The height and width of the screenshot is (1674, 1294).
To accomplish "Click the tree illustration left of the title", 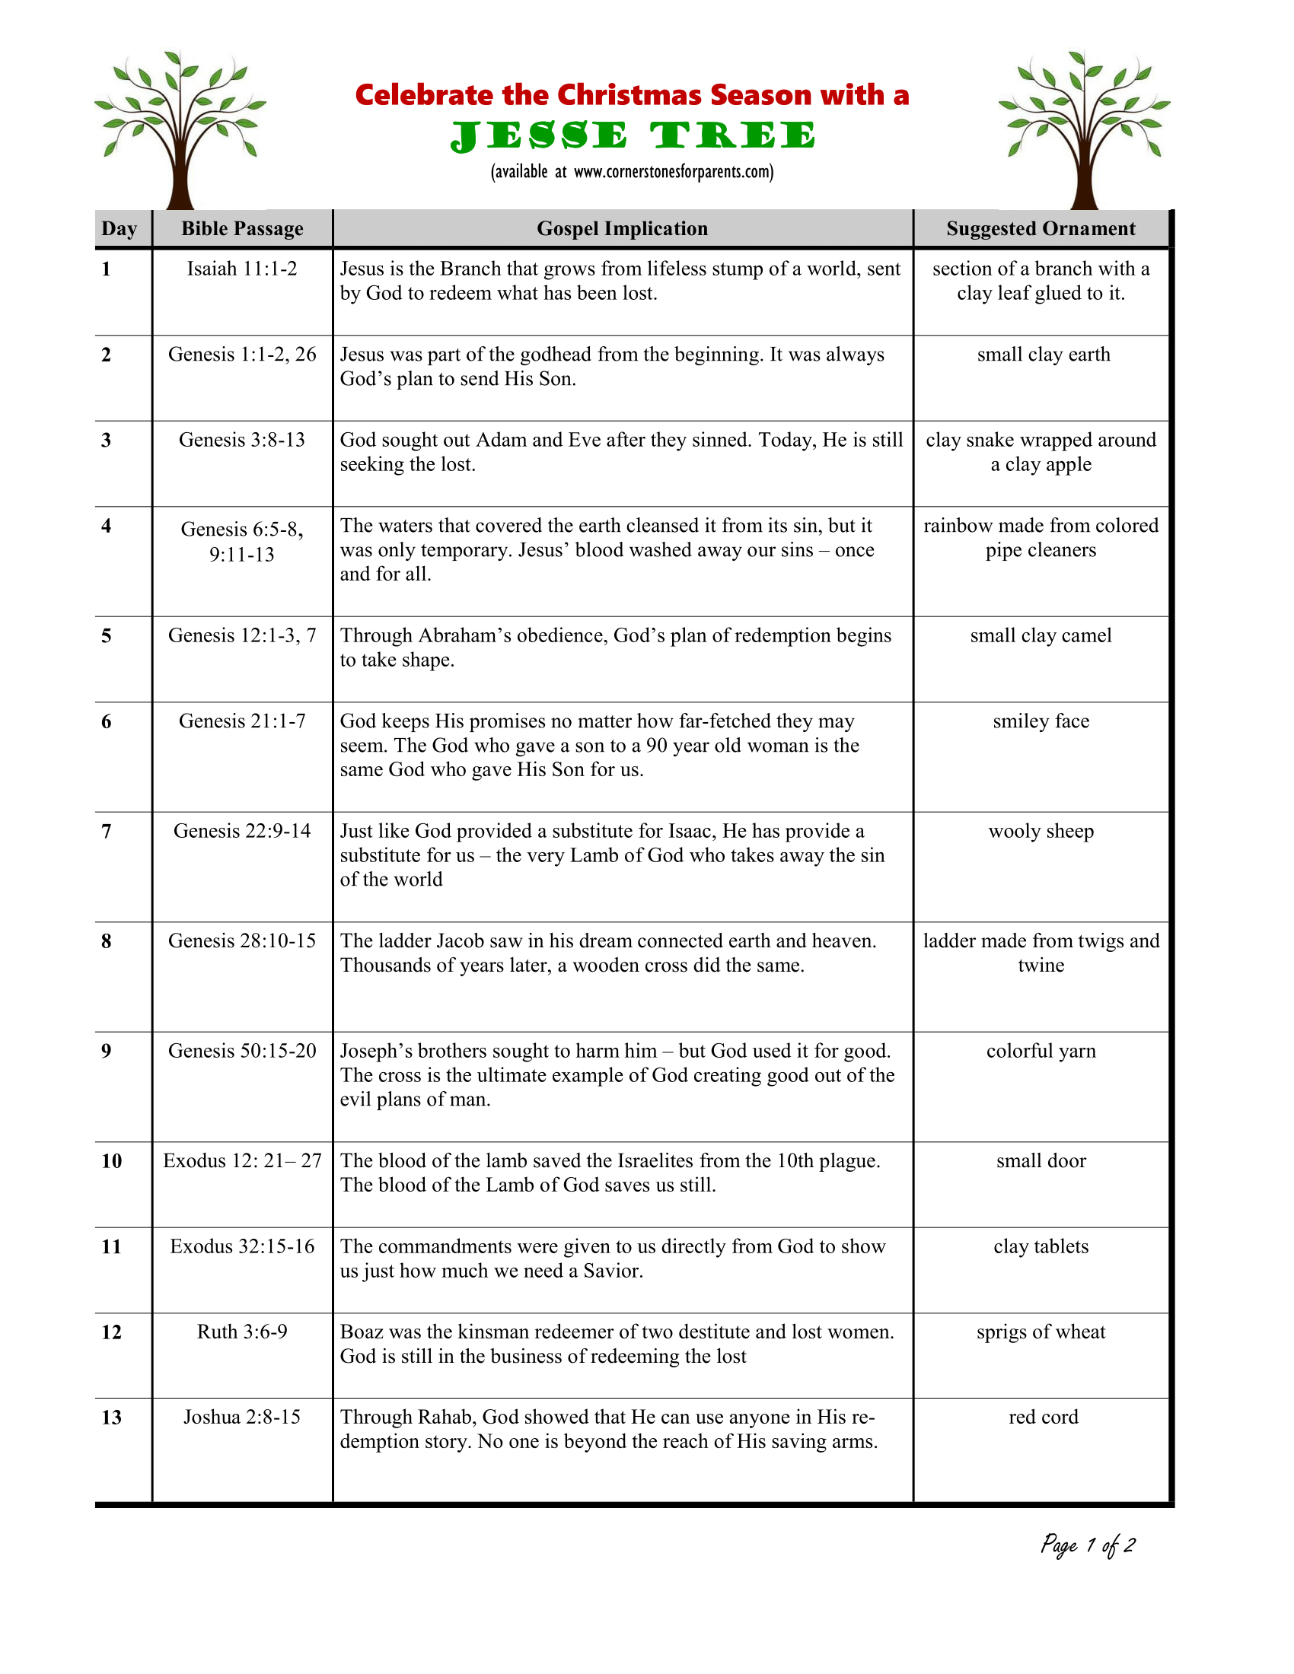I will pyautogui.click(x=180, y=129).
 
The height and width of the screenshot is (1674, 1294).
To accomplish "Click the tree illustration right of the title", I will pyautogui.click(x=1084, y=129).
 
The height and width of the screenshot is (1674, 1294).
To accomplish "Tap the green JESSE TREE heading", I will pyautogui.click(x=633, y=136).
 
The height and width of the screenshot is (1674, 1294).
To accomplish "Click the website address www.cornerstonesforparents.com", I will pyautogui.click(x=673, y=172).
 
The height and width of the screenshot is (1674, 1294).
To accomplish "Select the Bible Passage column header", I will pyautogui.click(x=242, y=228).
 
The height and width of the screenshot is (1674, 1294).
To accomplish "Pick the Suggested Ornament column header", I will pyautogui.click(x=1041, y=228).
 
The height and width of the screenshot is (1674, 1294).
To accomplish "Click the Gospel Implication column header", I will pyautogui.click(x=622, y=228).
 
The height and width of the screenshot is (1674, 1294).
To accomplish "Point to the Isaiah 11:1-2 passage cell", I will pyautogui.click(x=242, y=269).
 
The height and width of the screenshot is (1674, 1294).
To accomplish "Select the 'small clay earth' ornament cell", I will pyautogui.click(x=1043, y=354).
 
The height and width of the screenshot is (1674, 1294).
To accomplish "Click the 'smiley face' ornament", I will pyautogui.click(x=1041, y=721).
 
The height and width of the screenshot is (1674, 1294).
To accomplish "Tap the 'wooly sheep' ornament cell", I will pyautogui.click(x=1041, y=831).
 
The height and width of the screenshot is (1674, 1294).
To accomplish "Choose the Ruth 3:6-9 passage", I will pyautogui.click(x=242, y=1332).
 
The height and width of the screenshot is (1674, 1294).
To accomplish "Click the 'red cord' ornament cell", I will pyautogui.click(x=1043, y=1417).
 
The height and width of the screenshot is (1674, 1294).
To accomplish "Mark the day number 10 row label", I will pyautogui.click(x=112, y=1160).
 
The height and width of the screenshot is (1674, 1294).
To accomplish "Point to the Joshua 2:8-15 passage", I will pyautogui.click(x=242, y=1417).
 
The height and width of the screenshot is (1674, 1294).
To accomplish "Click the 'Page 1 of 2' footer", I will pyautogui.click(x=1087, y=1545).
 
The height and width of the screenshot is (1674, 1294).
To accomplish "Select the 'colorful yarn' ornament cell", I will pyautogui.click(x=1041, y=1051).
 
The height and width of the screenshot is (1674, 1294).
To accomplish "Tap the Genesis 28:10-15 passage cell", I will pyautogui.click(x=242, y=940).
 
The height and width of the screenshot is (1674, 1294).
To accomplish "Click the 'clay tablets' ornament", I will pyautogui.click(x=1041, y=1246).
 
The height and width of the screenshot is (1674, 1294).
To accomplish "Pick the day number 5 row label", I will pyautogui.click(x=107, y=635).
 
